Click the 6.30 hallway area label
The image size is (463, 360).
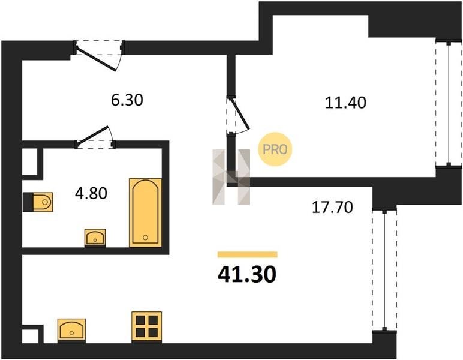(127, 100)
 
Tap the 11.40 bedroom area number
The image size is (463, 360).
(345, 103)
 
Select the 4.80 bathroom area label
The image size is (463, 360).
(91, 193)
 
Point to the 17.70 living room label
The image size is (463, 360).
(332, 208)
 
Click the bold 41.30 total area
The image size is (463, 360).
(247, 274)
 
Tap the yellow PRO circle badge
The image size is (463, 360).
(275, 149)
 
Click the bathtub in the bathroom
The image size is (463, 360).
(145, 212)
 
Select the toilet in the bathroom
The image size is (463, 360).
(38, 202)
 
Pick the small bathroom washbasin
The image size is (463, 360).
(95, 238)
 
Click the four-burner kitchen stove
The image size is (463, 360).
(146, 326)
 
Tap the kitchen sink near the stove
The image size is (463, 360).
(71, 331)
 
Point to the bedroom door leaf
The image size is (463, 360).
(240, 114)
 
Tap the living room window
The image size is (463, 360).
(384, 270)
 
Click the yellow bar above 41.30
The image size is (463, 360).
(248, 254)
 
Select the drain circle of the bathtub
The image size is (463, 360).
(145, 238)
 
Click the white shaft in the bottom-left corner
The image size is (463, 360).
(31, 336)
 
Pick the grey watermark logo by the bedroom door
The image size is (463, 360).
(231, 177)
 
